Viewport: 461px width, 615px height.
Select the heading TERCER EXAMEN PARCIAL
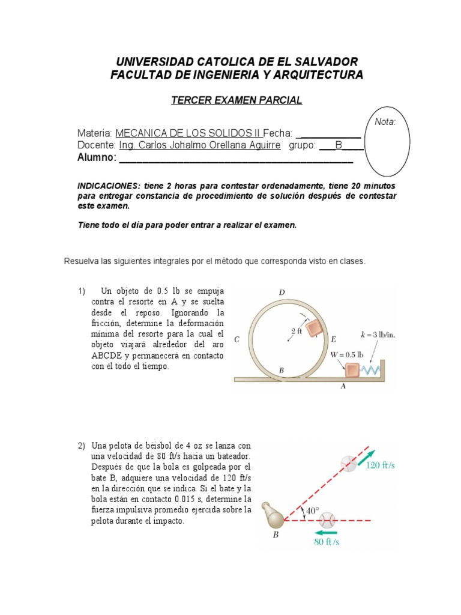(237, 100)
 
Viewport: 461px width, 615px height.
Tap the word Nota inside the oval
(385, 122)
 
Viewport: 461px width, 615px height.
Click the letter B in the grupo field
(339, 145)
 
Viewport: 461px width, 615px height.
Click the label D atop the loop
(282, 292)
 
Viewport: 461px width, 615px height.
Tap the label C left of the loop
(237, 339)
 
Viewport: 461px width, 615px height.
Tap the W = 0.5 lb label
(347, 354)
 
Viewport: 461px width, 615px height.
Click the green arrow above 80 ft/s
(326, 532)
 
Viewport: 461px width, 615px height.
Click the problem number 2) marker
(82, 446)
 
